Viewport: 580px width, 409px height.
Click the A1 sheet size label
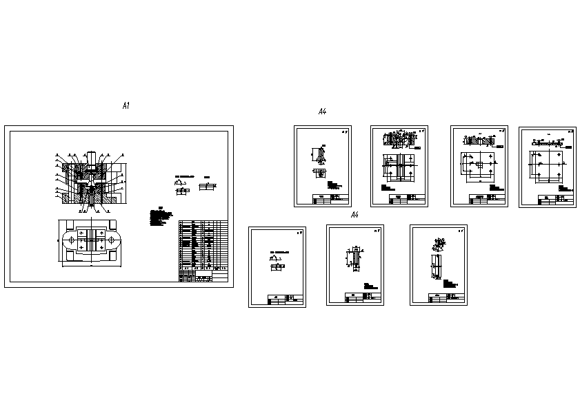coord(126,106)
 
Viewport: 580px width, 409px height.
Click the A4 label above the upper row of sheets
coord(322,112)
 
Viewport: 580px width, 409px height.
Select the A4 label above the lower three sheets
coord(354,216)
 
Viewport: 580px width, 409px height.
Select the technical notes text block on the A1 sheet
coord(160,218)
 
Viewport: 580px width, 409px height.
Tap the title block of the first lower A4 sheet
coord(285,300)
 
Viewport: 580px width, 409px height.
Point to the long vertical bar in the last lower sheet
coord(437,266)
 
